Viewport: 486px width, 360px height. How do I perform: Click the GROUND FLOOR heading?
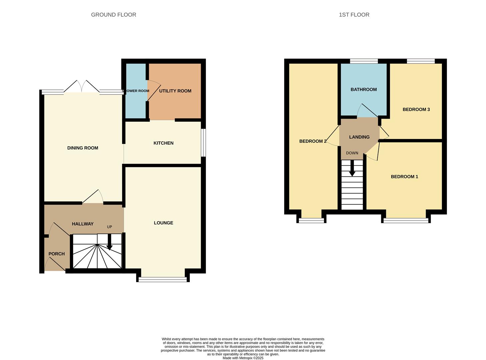click(113, 15)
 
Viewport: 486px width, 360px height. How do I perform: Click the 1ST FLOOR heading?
click(354, 15)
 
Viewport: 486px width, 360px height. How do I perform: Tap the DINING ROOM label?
click(83, 148)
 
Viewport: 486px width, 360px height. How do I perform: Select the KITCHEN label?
click(163, 143)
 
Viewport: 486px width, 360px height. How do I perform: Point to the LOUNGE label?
click(163, 223)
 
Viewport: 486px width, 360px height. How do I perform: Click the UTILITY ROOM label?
click(175, 91)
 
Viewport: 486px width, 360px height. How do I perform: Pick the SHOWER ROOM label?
click(136, 91)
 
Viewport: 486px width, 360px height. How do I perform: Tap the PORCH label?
click(57, 254)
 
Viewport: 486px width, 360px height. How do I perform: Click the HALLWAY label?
click(83, 224)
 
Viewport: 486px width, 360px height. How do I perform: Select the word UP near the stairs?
click(109, 227)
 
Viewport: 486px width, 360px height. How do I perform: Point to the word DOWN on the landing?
click(352, 153)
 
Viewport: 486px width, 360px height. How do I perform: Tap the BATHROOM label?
click(364, 89)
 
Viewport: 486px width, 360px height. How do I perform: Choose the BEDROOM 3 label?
click(416, 109)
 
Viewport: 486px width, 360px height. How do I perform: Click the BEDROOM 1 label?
click(404, 177)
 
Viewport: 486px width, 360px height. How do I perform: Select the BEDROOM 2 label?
click(313, 141)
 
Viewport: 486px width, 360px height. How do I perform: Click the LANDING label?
click(359, 137)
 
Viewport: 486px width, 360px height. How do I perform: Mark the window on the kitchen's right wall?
click(203, 143)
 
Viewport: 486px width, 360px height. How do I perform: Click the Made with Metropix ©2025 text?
click(243, 358)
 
